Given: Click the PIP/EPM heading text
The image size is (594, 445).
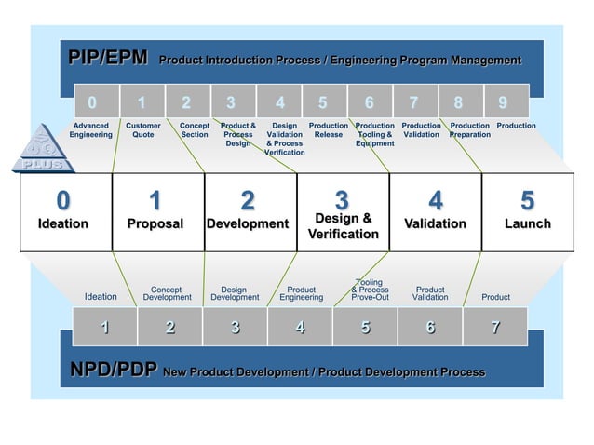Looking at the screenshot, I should coord(107,59).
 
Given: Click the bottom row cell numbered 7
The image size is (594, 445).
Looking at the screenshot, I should coord(495,327).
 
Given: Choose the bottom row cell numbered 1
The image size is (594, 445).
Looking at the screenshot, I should coord(105,327).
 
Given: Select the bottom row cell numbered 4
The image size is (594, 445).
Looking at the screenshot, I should coord(300,327).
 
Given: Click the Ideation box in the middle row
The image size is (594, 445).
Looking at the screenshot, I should coord(63,212).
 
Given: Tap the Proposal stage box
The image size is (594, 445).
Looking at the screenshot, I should coord(155,212).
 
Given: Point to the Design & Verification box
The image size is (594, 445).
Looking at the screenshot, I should coord(343,212).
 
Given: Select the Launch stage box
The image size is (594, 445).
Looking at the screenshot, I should coord(527,212).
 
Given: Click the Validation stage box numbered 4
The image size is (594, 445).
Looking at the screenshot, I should coord(435,212).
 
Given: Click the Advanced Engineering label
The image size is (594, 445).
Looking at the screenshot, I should coord(90,129).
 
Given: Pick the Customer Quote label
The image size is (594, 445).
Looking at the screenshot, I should coord(142,129).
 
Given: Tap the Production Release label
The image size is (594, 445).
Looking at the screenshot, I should coord(328,129).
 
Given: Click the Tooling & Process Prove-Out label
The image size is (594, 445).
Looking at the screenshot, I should coord(370,290).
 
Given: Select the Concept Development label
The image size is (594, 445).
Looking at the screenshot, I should coord(167,293).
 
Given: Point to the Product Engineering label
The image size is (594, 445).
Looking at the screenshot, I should coord(301,293).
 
